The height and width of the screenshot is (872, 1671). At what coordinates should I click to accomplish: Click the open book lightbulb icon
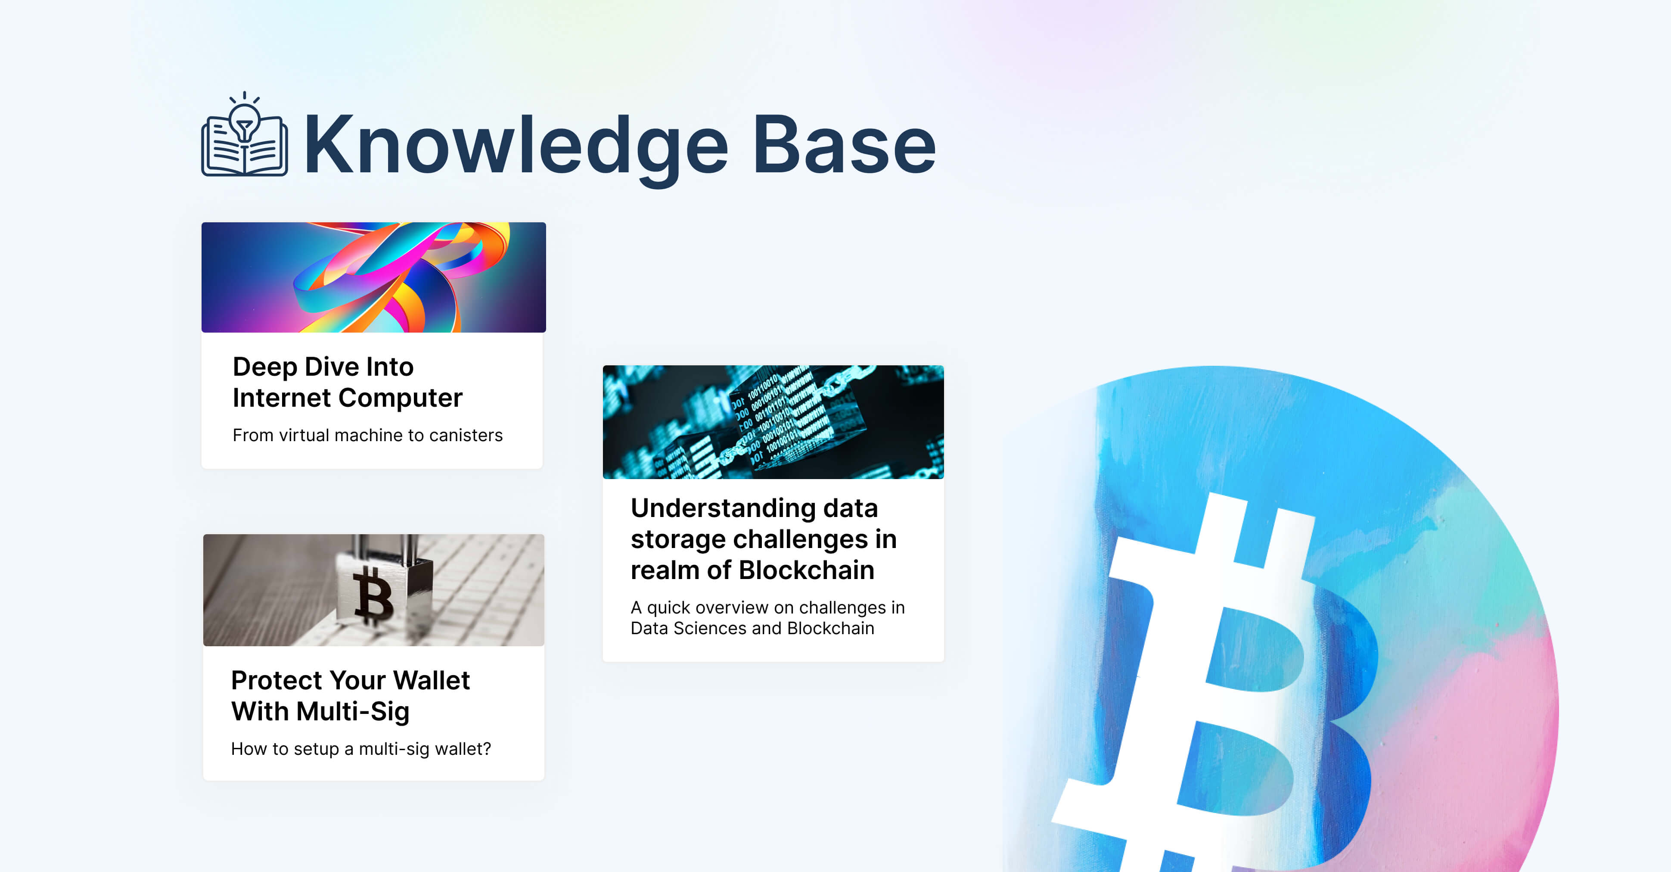245,134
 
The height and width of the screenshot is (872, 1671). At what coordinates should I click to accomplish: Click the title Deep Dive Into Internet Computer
348,382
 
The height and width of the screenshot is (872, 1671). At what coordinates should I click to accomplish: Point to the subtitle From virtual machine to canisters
368,435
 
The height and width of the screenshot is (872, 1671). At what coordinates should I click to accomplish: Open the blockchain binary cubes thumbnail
773,422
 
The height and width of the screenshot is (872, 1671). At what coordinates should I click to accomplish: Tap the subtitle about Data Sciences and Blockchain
767,618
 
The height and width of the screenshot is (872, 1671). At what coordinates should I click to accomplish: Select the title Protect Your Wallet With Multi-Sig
350,695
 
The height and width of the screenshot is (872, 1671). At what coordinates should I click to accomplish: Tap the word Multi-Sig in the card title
352,711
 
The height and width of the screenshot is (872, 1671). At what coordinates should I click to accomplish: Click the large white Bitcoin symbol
1213,681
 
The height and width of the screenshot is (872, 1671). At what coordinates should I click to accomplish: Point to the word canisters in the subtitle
466,435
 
